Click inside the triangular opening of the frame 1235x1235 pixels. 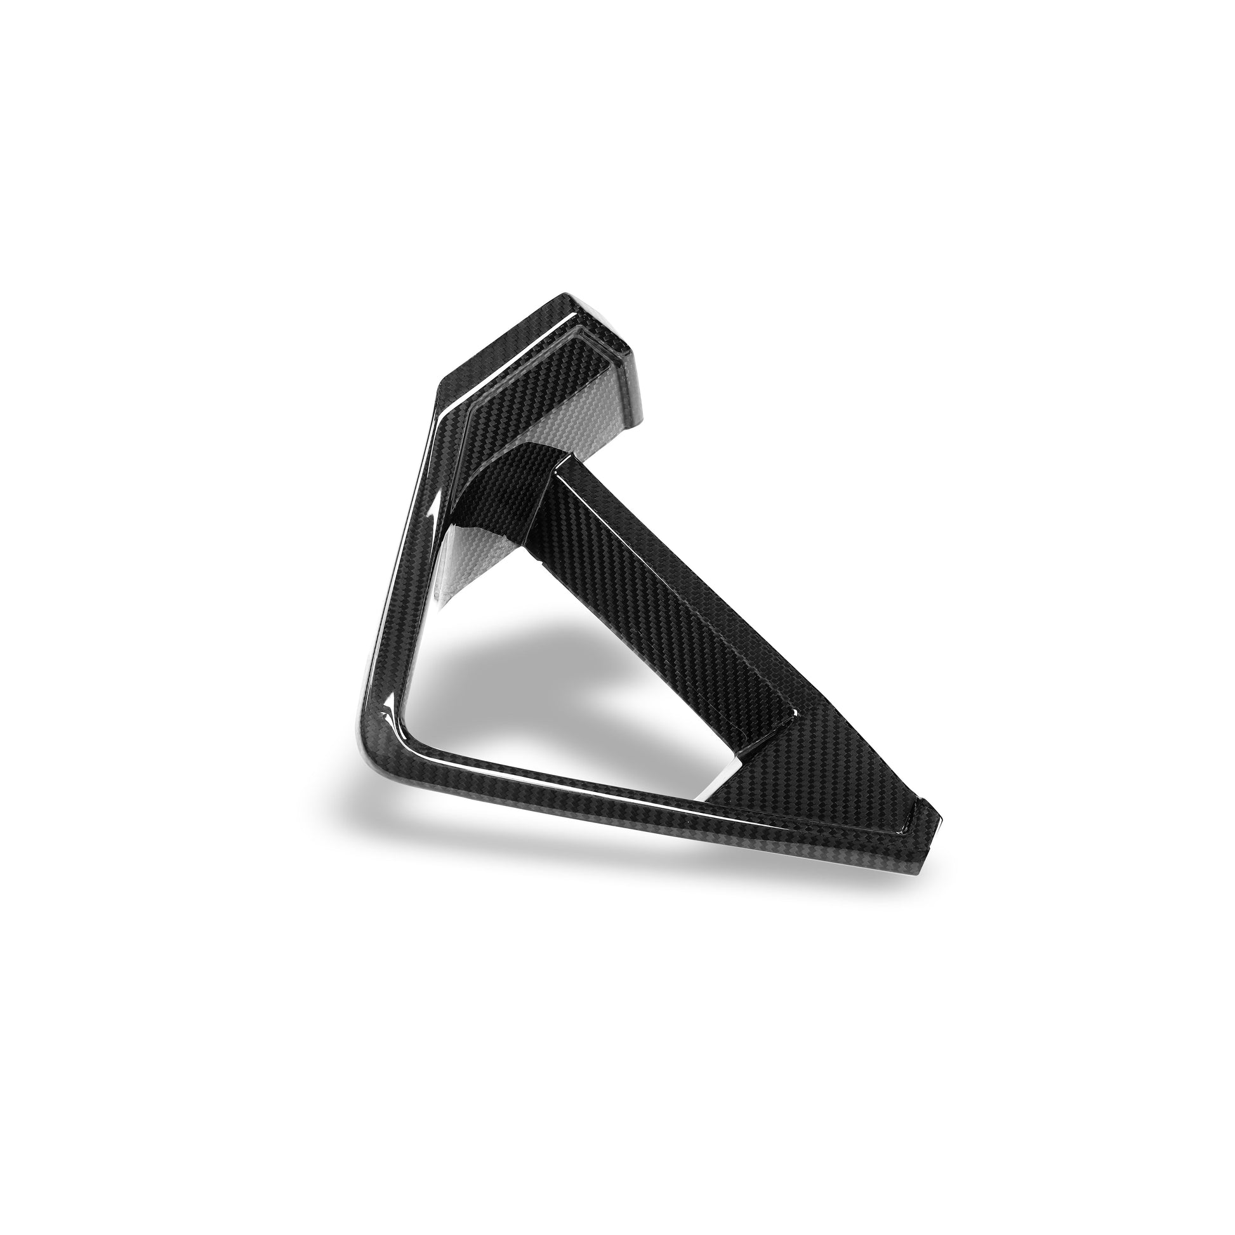click(543, 671)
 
